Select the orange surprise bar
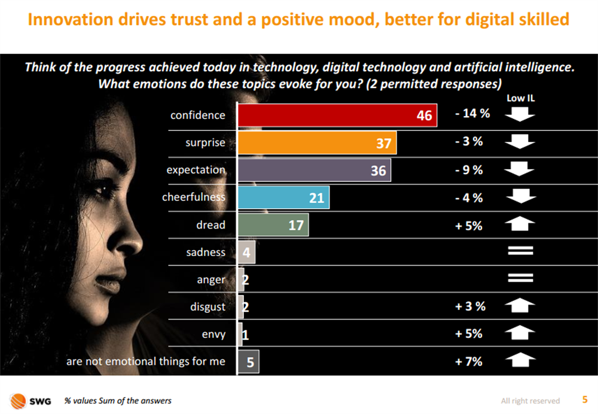coord(317,143)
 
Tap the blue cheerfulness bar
coord(283,197)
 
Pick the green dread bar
coord(273,225)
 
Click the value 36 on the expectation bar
coord(378,171)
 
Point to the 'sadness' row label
coord(206,252)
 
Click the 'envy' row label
coord(213,334)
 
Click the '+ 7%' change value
coord(469,361)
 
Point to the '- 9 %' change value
coord(469,170)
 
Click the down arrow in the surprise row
coord(519,142)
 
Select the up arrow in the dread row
coord(519,224)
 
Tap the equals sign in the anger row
coord(520,279)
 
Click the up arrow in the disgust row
coord(519,306)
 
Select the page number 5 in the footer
coord(584,399)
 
